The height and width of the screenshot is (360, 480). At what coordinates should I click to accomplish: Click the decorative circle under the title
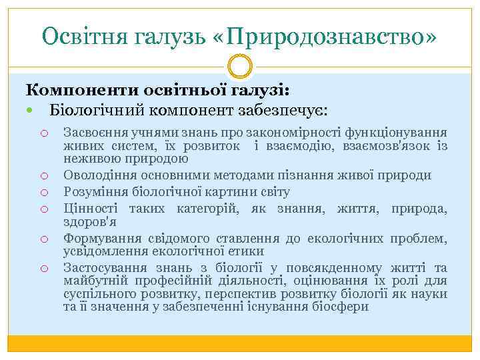(240, 67)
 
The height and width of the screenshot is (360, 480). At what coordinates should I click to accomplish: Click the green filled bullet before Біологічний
(32, 109)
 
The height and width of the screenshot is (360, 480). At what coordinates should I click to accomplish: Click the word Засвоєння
(93, 133)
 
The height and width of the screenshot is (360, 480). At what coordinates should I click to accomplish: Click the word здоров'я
(90, 222)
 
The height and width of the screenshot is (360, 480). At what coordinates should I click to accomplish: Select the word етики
(249, 251)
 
